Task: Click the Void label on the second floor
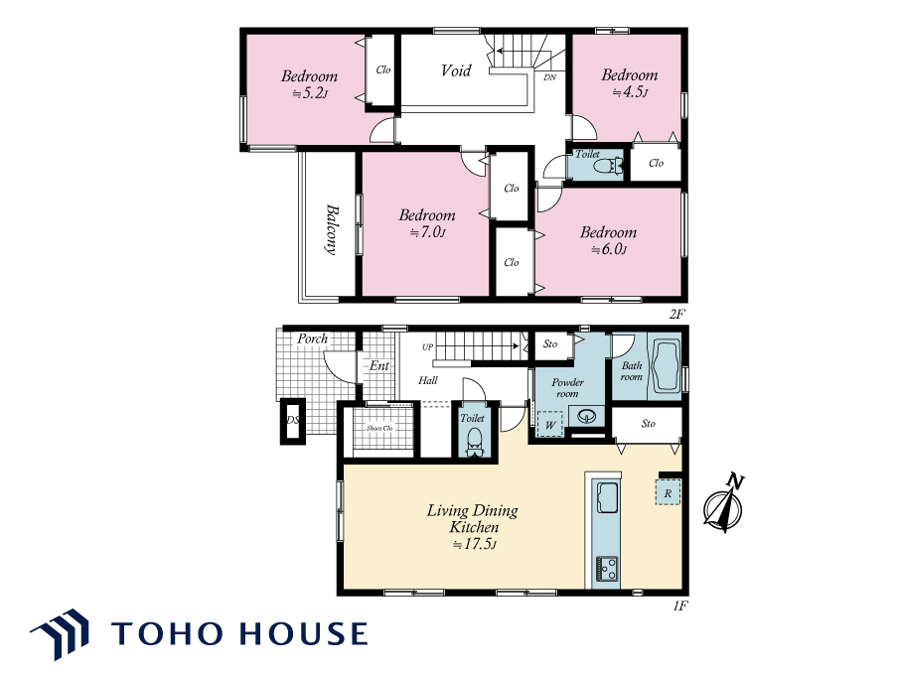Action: click(x=456, y=70)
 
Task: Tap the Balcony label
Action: click(x=331, y=229)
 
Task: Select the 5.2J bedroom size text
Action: click(x=310, y=93)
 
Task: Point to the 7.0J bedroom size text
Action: click(x=428, y=232)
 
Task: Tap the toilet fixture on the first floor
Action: click(x=474, y=442)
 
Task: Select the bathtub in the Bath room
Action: click(x=665, y=366)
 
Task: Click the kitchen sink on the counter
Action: click(x=607, y=497)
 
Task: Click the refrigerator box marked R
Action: click(x=668, y=492)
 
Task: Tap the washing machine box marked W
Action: click(x=549, y=425)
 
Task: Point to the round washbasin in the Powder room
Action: click(x=587, y=417)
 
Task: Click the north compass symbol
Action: click(x=724, y=503)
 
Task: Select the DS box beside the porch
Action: click(x=293, y=420)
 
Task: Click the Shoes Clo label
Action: click(x=379, y=428)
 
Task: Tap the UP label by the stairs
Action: click(x=427, y=346)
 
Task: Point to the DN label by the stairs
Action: click(x=549, y=77)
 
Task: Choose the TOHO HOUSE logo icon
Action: click(x=61, y=633)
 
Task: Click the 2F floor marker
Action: click(x=676, y=313)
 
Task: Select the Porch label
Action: click(x=313, y=338)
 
